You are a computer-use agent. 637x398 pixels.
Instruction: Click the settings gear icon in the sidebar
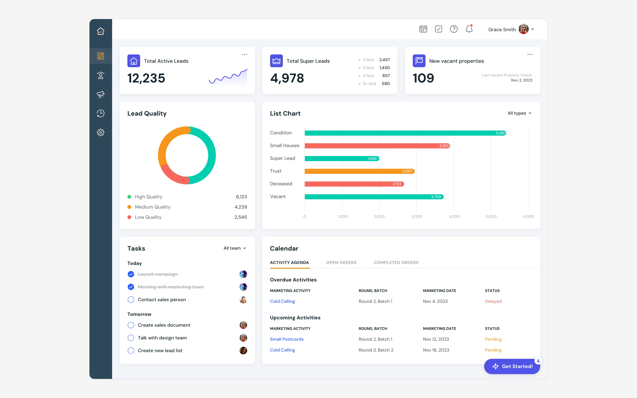pyautogui.click(x=100, y=132)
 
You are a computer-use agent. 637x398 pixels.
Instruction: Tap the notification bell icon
pyautogui.click(x=469, y=29)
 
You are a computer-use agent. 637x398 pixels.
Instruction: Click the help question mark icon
pyautogui.click(x=454, y=29)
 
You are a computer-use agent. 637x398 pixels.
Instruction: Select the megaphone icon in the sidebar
pyautogui.click(x=100, y=94)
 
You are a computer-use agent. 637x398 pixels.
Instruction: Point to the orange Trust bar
pyautogui.click(x=360, y=171)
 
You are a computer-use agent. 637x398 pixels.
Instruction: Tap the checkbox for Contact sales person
pyautogui.click(x=131, y=300)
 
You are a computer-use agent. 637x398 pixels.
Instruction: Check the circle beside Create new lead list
pyautogui.click(x=131, y=351)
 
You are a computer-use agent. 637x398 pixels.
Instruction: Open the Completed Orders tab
pyautogui.click(x=396, y=262)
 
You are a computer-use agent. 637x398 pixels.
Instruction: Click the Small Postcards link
pyautogui.click(x=287, y=339)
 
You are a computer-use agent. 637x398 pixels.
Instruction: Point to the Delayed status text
pyautogui.click(x=493, y=301)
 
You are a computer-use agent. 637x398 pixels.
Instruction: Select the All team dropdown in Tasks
pyautogui.click(x=235, y=248)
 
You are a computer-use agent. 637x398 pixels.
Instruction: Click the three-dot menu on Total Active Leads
pyautogui.click(x=245, y=54)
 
